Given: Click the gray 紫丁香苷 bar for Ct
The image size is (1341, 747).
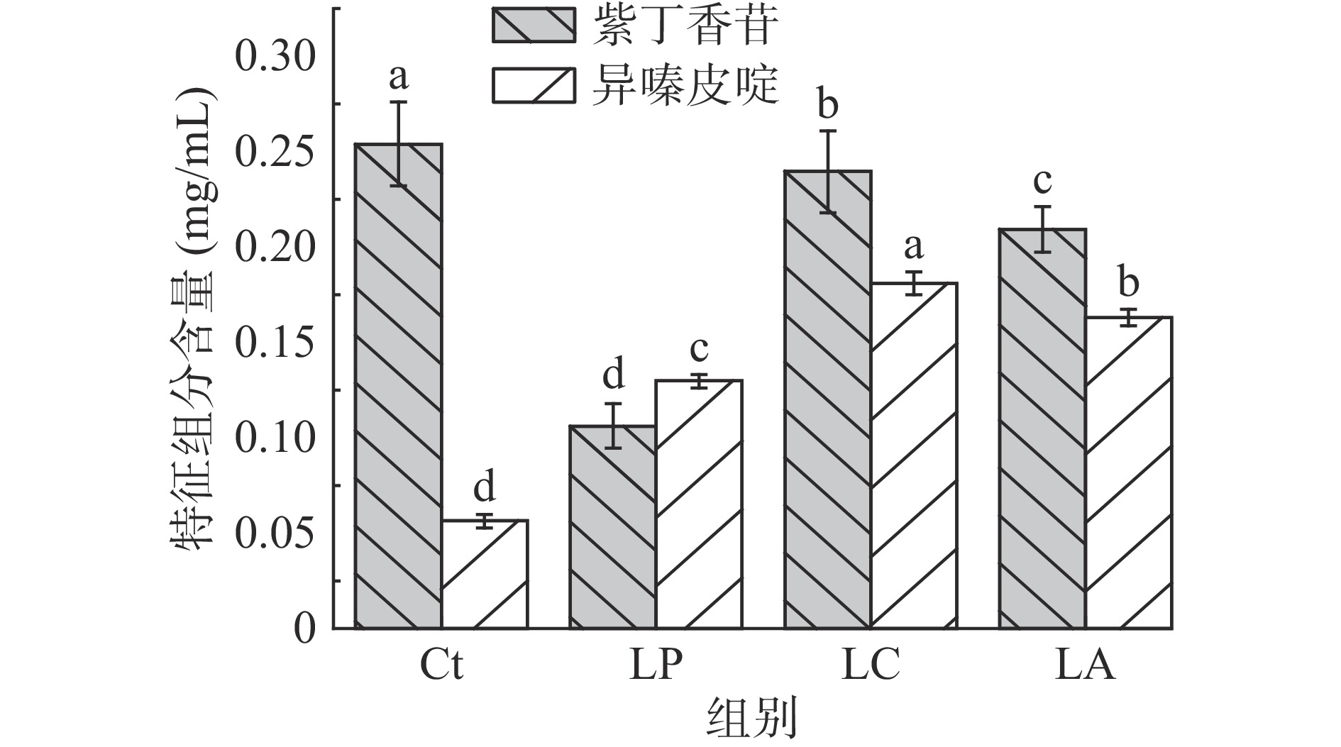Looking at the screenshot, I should coord(399,387).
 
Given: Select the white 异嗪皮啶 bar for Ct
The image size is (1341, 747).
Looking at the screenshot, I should coord(485,575).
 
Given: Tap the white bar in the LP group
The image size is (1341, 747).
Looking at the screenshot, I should coord(700,504).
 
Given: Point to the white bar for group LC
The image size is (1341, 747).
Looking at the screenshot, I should coord(915,455).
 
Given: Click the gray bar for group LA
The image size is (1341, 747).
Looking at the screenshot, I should coord(1042,428).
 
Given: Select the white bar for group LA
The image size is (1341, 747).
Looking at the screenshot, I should coord(1129,472).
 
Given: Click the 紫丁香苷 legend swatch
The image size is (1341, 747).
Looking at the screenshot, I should coord(534,26).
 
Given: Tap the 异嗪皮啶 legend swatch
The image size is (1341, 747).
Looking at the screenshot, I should coord(534,86).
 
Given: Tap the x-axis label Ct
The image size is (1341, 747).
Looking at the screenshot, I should coord(441,665).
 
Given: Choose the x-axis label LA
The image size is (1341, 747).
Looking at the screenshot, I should coord(1085,665).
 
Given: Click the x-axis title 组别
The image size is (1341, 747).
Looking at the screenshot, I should coord(752,719).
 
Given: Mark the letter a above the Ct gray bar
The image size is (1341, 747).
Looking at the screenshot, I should coord(399,77).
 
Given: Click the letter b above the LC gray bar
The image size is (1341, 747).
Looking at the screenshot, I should coord(827,106).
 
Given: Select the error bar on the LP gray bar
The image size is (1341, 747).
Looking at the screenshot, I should coord(614,426).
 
